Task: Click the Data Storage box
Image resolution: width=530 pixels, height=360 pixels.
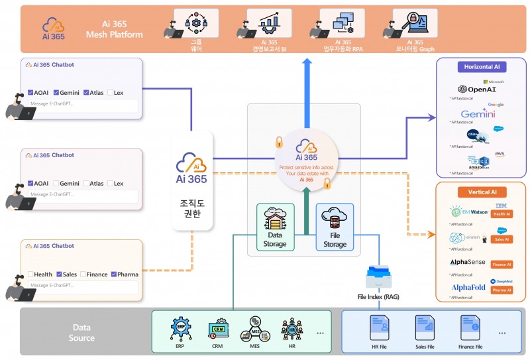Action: coord(275,227)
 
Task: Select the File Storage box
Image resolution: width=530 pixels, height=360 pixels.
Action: coord(335,227)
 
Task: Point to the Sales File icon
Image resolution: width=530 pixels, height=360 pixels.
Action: coord(425,328)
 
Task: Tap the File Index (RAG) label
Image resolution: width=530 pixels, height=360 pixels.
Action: coord(378,297)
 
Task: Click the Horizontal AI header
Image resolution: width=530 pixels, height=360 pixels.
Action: coord(482,68)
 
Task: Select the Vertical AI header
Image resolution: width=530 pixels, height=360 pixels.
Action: coord(482,192)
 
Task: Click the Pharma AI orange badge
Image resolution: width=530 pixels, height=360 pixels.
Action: coord(501,290)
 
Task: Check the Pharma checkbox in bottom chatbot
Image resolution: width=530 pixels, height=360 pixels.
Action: coord(114,274)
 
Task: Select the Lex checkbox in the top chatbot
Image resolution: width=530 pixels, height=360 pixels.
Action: coord(110,92)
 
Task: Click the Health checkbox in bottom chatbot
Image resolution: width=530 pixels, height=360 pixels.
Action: coord(30,274)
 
